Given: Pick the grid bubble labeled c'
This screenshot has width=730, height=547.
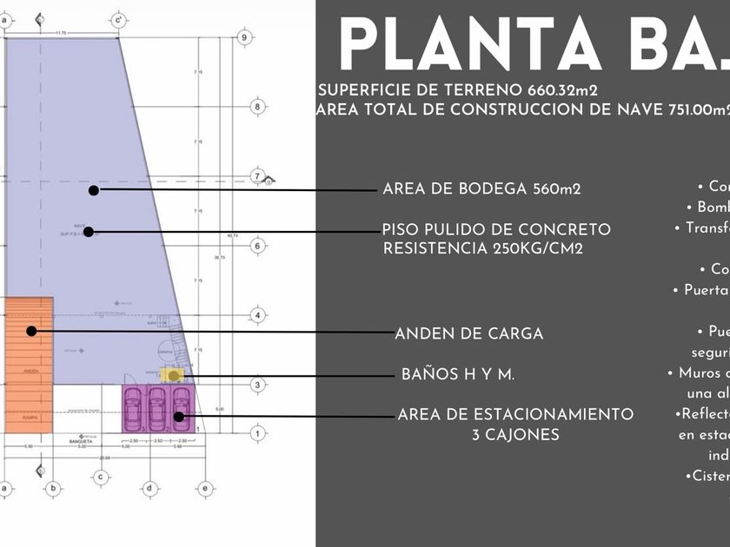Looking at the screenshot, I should pos(118,19).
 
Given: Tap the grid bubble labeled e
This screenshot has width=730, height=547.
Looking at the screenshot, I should pos(204,489).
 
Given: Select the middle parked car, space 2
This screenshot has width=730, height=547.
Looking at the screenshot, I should pos(157,407).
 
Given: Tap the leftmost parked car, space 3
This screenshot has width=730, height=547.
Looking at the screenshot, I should pos(133,407).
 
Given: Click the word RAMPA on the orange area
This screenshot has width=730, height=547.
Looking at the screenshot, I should pos(30,418).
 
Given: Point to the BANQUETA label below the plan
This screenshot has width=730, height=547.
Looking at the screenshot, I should pos(81,442).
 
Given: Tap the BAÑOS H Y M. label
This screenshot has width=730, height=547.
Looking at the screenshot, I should pos(458,375).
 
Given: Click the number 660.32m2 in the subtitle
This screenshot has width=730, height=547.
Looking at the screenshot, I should pos(561,90).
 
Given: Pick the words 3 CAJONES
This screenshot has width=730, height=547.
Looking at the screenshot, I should pos(515,435).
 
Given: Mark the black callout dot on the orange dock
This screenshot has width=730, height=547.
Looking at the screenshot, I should pos(31,331).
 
